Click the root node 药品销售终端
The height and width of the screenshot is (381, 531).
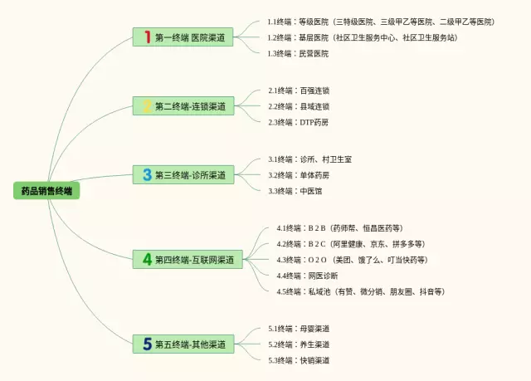pos(46,191)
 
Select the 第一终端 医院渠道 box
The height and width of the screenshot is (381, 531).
pos(183,37)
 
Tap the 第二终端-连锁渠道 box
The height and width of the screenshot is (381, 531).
pos(183,106)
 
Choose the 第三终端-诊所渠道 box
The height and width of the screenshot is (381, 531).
pos(183,175)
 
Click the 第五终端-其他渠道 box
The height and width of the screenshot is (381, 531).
pos(183,344)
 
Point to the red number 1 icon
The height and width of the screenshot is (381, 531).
pos(147,37)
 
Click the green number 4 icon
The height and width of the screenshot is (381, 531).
pos(147,260)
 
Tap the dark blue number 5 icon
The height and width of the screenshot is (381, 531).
pos(147,344)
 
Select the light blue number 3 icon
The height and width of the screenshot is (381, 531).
pos(147,175)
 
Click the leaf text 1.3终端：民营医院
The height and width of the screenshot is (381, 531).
pos(298,53)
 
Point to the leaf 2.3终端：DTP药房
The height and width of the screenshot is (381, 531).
pos(298,122)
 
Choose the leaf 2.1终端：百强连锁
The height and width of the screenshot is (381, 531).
pos(298,90)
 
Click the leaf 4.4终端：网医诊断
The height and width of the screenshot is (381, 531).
pos(306,276)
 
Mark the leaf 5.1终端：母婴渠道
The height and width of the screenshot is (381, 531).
pos(298,329)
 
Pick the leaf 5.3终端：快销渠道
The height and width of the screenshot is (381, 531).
pos(298,360)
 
